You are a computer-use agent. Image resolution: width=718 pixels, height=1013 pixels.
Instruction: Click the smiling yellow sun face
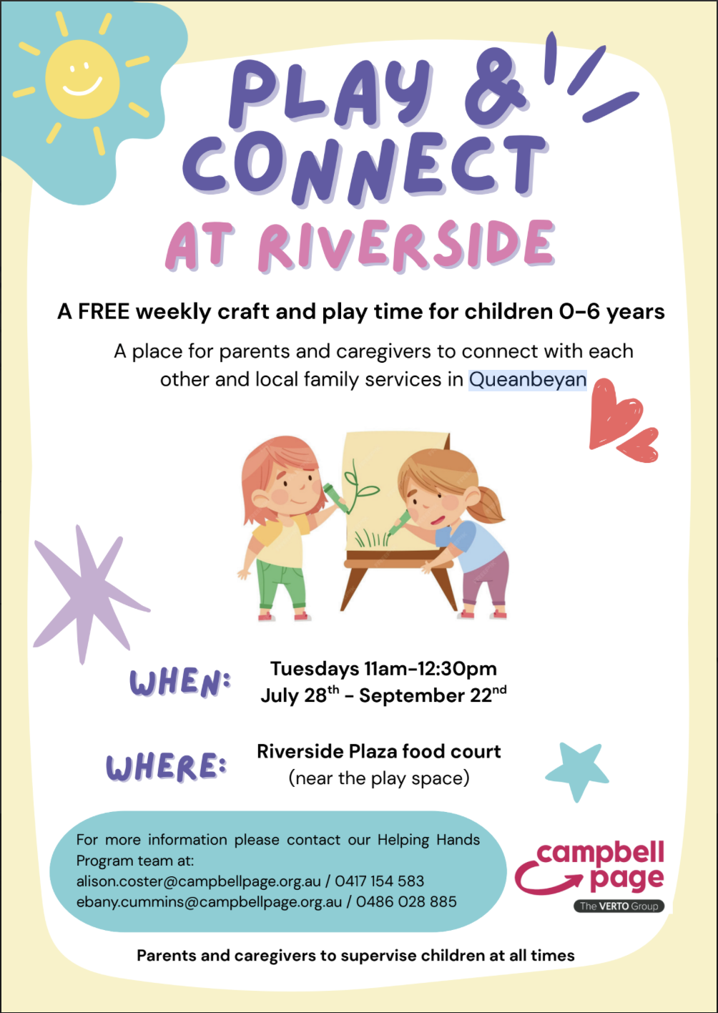click(x=82, y=79)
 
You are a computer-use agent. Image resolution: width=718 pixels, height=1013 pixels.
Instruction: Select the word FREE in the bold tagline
click(x=104, y=312)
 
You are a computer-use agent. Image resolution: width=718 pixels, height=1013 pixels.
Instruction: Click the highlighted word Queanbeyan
click(x=528, y=379)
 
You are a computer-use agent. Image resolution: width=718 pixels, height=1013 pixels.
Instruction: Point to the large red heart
click(x=614, y=413)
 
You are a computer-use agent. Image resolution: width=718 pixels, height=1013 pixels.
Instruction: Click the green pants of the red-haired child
click(x=281, y=583)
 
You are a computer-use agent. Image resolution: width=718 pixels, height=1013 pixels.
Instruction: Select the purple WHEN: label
click(x=180, y=682)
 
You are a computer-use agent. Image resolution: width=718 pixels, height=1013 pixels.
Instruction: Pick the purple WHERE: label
click(x=167, y=766)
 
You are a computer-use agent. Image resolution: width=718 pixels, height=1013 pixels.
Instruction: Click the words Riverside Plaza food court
click(x=379, y=752)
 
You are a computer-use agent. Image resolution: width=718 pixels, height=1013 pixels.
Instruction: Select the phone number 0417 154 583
click(x=379, y=881)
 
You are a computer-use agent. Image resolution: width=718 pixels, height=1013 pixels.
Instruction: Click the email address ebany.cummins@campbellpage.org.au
click(x=209, y=901)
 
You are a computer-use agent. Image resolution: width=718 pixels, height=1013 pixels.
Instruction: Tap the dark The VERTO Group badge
click(x=619, y=906)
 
